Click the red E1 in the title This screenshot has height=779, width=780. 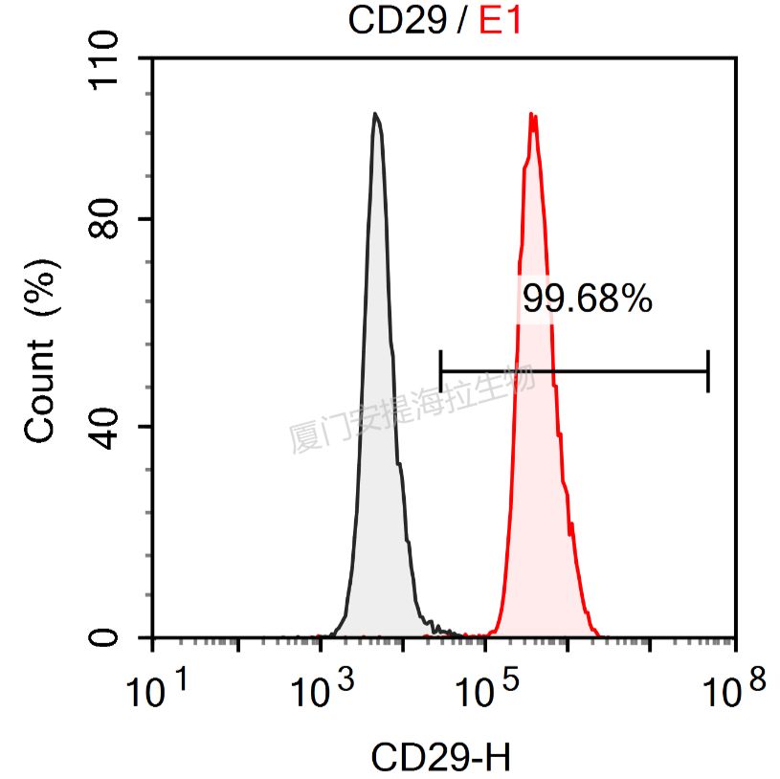pos(501,20)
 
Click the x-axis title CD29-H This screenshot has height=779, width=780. pos(441,758)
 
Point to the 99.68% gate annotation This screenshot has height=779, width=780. pos(588,300)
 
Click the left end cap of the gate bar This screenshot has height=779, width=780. pos(441,371)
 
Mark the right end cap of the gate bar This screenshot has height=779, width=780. pos(708,371)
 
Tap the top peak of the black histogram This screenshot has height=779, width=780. pos(376,115)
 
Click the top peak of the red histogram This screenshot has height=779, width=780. pos(532,116)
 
